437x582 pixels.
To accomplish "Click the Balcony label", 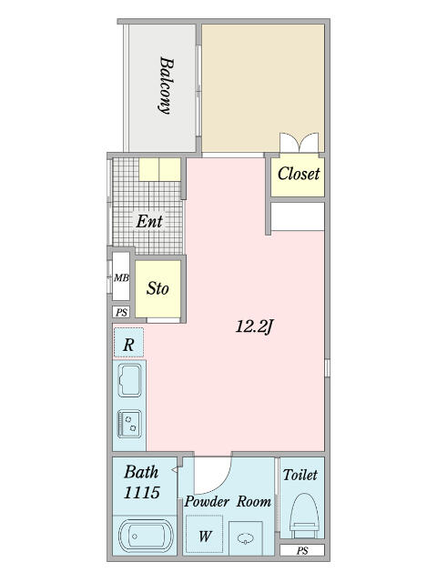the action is (164, 85).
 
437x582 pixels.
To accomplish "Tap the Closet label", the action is (299, 174).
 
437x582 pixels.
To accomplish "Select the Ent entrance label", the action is (149, 222).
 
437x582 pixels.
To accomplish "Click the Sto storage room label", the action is (158, 288).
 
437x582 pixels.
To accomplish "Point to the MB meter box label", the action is (121, 277).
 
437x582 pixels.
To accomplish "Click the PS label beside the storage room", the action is (121, 312).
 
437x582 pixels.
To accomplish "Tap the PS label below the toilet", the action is (302, 551).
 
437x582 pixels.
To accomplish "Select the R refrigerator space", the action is (128, 343).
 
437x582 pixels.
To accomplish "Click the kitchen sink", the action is (129, 380).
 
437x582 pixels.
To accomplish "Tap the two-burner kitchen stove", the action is (129, 424).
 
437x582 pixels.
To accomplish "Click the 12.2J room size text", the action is (255, 326).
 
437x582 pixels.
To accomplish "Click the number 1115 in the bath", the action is (142, 492).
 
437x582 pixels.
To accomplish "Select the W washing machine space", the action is (204, 535).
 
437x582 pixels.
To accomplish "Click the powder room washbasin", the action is (245, 537).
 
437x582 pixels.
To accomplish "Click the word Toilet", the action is (300, 475).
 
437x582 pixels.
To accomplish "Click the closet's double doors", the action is (300, 143).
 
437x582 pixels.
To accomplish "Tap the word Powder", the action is (207, 502).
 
